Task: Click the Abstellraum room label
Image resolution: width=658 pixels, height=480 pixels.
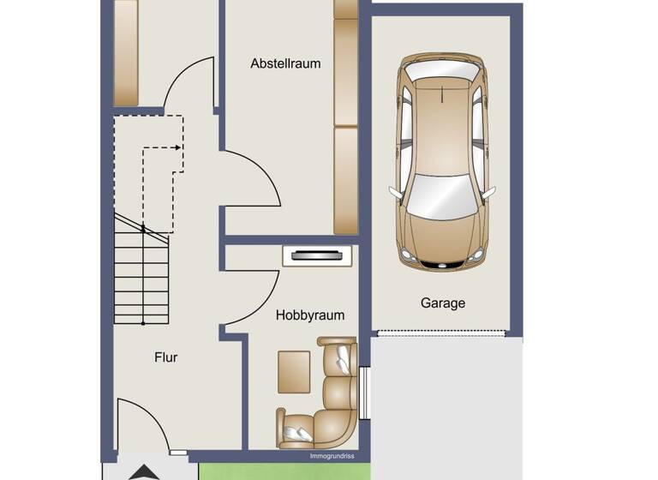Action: (x=285, y=63)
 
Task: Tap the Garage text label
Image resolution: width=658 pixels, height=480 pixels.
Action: (x=443, y=303)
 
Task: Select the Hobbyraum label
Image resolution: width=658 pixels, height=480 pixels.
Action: (x=310, y=315)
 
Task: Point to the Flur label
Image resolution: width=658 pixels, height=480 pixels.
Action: (x=166, y=357)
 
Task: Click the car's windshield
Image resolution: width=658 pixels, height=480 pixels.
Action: (x=441, y=195)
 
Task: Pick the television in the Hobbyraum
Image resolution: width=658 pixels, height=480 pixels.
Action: (x=317, y=255)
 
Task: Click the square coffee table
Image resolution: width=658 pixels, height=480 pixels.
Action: (x=294, y=371)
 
